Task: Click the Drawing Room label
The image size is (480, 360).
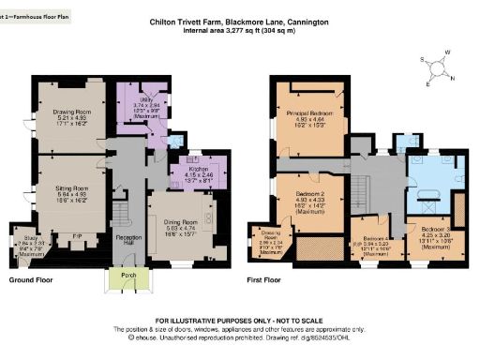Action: pyautogui.click(x=71, y=112)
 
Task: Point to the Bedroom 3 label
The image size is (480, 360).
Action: pyautogui.click(x=436, y=230)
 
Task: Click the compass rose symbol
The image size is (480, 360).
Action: pyautogui.click(x=440, y=68)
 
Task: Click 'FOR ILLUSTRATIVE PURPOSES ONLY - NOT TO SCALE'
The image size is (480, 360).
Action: pyautogui.click(x=245, y=321)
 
